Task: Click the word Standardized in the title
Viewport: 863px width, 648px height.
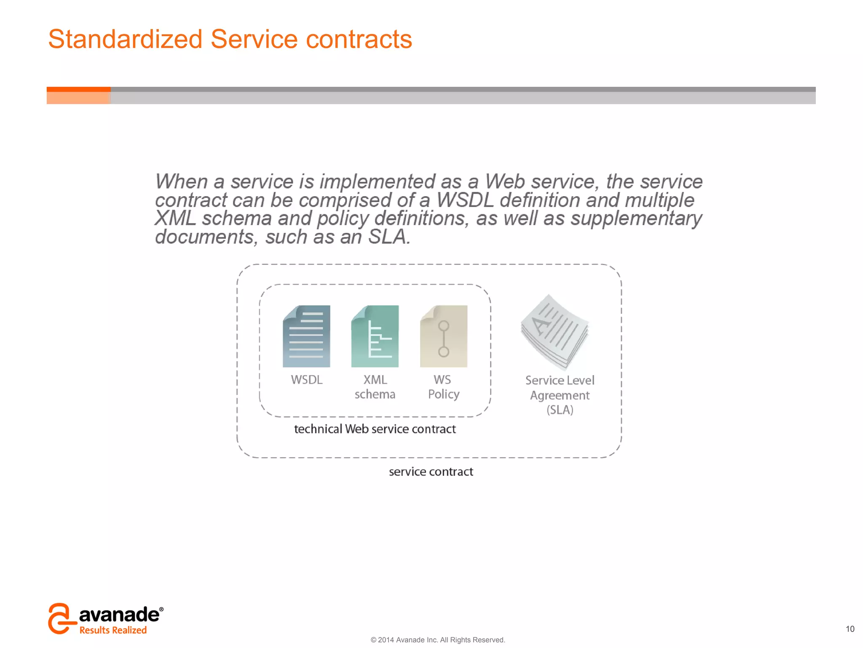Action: [x=125, y=39]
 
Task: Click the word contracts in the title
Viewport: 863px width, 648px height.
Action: [x=359, y=39]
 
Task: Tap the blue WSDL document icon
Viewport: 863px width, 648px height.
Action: [x=306, y=336]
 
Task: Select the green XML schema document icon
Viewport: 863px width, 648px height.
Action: [x=375, y=336]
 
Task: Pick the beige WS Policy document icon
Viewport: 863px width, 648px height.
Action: [x=443, y=336]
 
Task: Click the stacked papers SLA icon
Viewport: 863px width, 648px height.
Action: [x=554, y=332]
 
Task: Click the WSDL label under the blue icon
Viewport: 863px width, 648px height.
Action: [x=306, y=380]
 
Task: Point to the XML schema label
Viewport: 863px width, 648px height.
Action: [x=375, y=387]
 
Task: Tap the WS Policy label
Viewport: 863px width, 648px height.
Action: [x=443, y=387]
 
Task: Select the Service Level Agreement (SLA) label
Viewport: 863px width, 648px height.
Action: [x=560, y=395]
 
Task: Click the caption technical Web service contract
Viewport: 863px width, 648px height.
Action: [x=375, y=429]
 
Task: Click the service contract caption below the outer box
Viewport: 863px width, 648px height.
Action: [x=431, y=472]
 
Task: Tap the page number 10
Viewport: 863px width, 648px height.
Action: [x=850, y=629]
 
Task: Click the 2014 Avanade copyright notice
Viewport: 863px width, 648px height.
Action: [x=437, y=640]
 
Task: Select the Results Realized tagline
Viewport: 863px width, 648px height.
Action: [x=113, y=630]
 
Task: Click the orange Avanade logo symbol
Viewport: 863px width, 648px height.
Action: [x=60, y=618]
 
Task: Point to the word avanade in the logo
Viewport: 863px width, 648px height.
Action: [x=119, y=615]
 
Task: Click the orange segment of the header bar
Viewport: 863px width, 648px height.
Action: [x=78, y=95]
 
